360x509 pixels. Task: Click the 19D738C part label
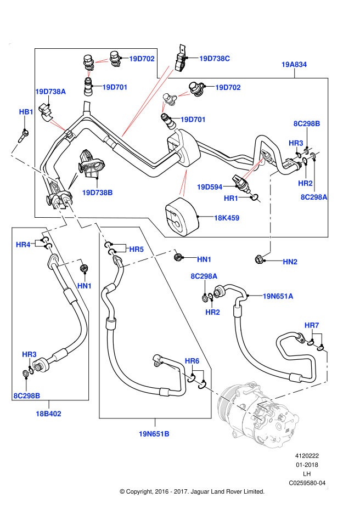click(215, 59)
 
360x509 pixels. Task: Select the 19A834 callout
click(294, 65)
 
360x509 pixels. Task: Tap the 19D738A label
click(50, 92)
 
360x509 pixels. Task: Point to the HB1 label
click(26, 112)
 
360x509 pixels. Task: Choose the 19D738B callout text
click(97, 193)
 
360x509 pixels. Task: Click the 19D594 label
click(210, 187)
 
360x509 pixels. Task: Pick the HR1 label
click(231, 198)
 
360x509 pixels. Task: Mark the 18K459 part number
click(227, 218)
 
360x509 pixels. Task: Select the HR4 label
click(23, 245)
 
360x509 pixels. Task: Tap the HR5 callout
click(137, 250)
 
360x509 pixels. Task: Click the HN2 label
click(290, 262)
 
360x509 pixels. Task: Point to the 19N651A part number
click(278, 296)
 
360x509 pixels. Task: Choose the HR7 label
click(312, 325)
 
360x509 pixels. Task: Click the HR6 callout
click(192, 361)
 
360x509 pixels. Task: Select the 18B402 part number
click(48, 414)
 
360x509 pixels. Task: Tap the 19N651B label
click(154, 434)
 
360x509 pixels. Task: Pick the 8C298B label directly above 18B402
click(27, 396)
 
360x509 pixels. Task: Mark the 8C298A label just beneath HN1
click(204, 276)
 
